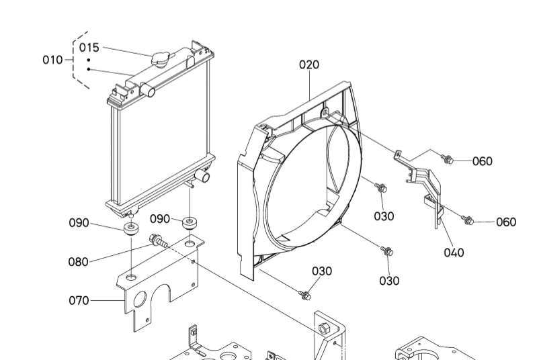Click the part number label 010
tap(52, 60)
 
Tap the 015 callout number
tap(89, 48)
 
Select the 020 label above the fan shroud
tap(309, 64)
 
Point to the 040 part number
tap(454, 253)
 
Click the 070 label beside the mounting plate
tap(79, 300)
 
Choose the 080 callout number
tap(78, 262)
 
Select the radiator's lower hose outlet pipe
tap(202, 177)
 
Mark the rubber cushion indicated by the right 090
tap(191, 222)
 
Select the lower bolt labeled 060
tap(469, 220)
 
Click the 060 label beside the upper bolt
tap(482, 161)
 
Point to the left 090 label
tap(79, 223)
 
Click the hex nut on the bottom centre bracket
tap(324, 328)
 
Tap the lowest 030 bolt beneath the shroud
tap(306, 295)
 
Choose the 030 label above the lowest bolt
tap(321, 271)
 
